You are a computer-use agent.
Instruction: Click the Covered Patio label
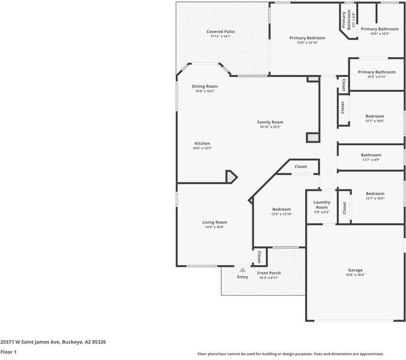220,31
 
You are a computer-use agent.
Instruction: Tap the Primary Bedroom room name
308,38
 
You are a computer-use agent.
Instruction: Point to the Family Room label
270,122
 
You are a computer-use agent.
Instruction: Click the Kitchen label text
202,143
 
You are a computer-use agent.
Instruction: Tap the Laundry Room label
322,205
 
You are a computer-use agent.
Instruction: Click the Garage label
355,270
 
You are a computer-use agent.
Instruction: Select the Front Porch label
269,273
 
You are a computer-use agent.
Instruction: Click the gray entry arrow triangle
243,270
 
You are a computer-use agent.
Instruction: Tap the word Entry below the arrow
243,277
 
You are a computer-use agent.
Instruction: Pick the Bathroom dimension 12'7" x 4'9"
371,160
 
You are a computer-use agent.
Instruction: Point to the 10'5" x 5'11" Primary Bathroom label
377,72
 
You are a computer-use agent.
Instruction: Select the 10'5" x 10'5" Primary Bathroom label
379,29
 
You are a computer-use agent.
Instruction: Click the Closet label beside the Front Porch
259,257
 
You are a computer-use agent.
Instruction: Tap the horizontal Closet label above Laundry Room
301,166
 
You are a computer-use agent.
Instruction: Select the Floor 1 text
8,352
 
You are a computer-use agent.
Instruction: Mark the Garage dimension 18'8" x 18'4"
355,275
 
